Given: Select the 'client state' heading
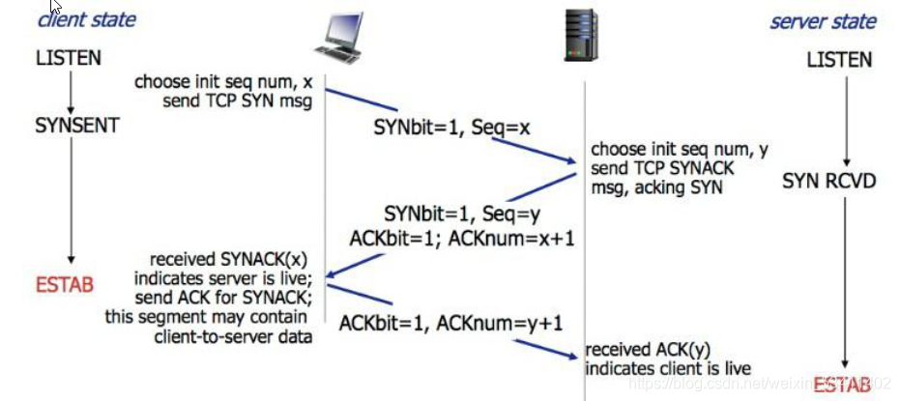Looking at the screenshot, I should pyautogui.click(x=86, y=19).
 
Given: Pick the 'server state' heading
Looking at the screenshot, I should pyautogui.click(x=823, y=21).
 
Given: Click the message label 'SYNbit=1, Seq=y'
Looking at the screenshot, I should pyautogui.click(x=451, y=213).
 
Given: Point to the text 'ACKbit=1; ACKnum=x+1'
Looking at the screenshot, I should pyautogui.click(x=461, y=238).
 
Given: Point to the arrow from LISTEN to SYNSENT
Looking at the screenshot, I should pyautogui.click(x=70, y=92).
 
